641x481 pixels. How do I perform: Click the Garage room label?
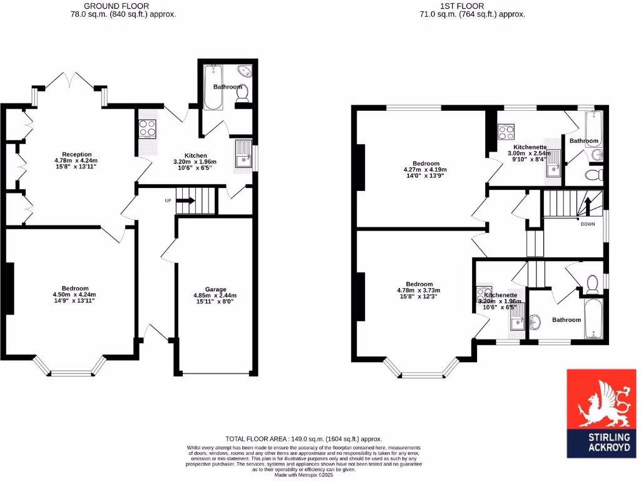pyautogui.click(x=217, y=290)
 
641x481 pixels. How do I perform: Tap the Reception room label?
pyautogui.click(x=76, y=155)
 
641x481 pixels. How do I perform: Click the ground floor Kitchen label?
pyautogui.click(x=195, y=156)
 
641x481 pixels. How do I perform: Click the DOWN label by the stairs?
pyautogui.click(x=588, y=224)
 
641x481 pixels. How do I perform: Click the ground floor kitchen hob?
pyautogui.click(x=147, y=128)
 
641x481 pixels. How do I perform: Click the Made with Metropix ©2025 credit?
pyautogui.click(x=304, y=475)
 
